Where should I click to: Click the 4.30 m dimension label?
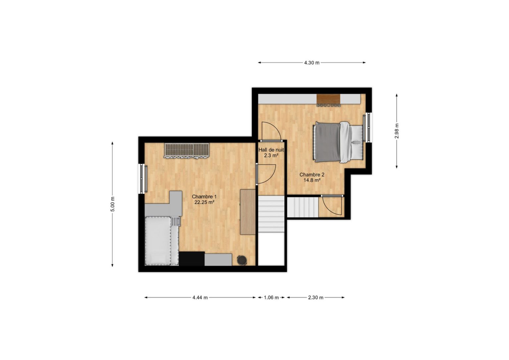(x=312, y=63)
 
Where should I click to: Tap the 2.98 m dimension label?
(x=397, y=131)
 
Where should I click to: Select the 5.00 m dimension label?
(x=112, y=204)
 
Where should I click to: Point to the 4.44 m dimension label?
(x=200, y=297)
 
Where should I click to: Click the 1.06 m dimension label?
(x=271, y=297)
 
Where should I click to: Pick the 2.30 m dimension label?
(x=315, y=297)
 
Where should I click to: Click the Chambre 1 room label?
(x=204, y=196)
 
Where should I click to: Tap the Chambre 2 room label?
(x=312, y=175)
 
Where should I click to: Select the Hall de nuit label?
(x=271, y=150)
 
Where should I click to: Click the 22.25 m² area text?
(x=204, y=202)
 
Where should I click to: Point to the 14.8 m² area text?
(x=312, y=180)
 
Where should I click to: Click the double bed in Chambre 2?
(x=338, y=142)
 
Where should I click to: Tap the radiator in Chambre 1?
(x=187, y=150)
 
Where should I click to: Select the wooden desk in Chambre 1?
(x=248, y=212)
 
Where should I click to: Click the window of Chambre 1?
(x=142, y=179)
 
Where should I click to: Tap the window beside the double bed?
(x=368, y=128)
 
